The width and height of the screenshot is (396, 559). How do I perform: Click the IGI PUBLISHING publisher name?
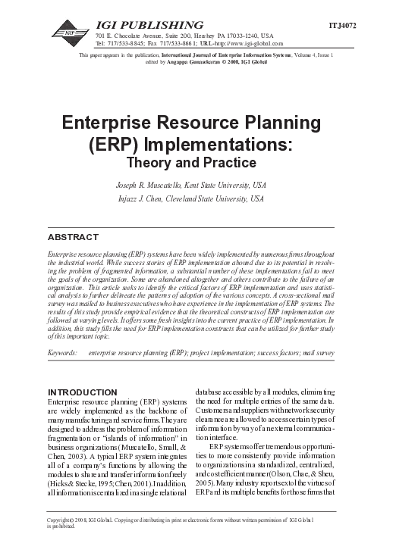tap(149, 25)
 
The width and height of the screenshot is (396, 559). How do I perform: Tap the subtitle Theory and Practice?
tap(196, 162)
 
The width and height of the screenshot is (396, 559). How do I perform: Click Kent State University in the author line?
tap(240, 184)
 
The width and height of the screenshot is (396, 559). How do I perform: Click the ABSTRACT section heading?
tap(73, 237)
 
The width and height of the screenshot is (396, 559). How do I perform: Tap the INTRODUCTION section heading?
tap(83, 391)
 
